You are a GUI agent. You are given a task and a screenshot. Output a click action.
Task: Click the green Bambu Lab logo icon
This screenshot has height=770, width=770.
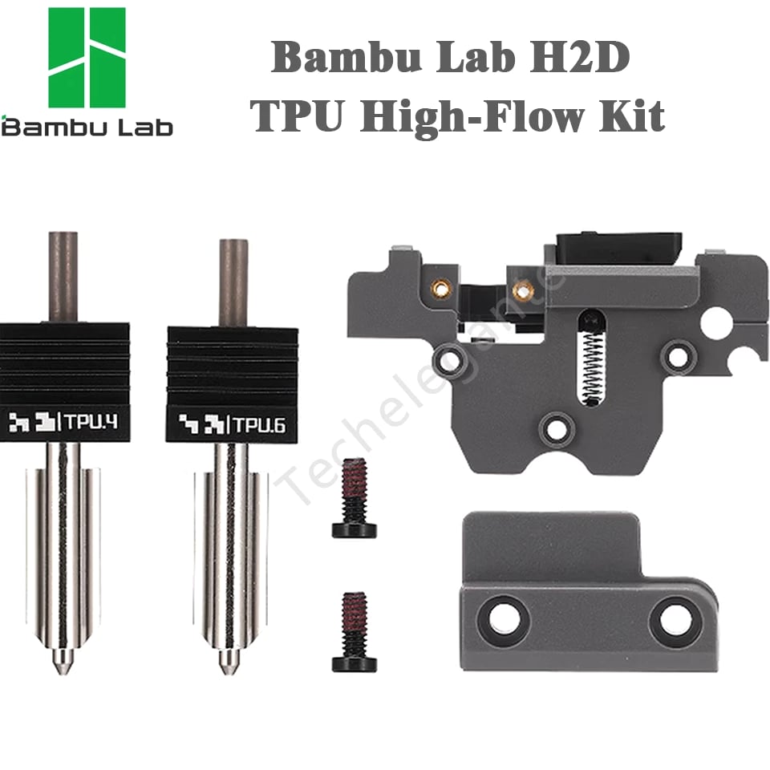87,58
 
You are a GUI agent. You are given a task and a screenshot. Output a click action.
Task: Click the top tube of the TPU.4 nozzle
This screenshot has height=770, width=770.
63,277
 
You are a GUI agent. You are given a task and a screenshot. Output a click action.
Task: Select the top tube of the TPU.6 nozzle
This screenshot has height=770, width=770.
233,283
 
